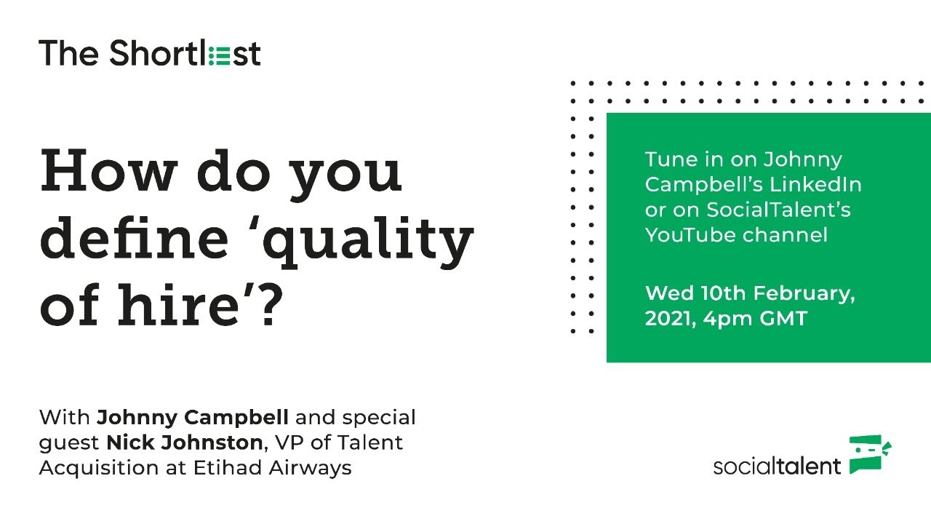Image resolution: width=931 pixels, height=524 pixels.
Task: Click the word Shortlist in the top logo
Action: (x=185, y=53)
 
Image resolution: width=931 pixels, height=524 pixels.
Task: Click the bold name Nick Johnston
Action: (x=183, y=442)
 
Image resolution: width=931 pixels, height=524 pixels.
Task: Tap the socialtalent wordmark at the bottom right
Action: (x=777, y=466)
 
